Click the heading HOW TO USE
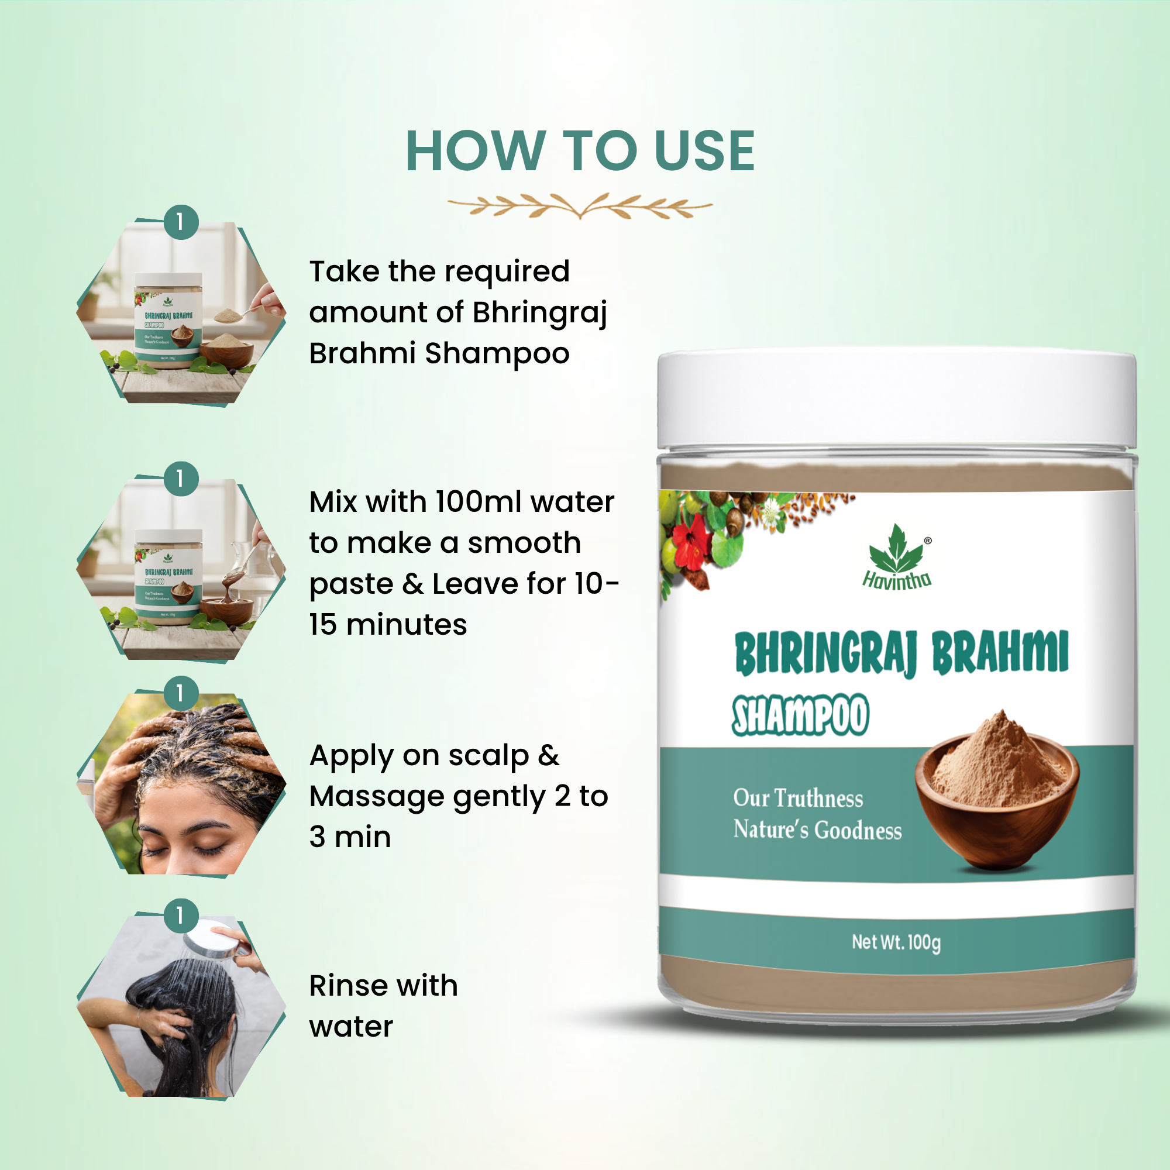[x=580, y=152]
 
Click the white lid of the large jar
[x=896, y=400]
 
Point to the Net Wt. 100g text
[x=896, y=942]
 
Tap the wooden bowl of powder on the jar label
[x=996, y=799]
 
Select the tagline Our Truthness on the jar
[x=797, y=798]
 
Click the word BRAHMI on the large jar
[x=999, y=653]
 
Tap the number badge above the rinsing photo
[x=180, y=916]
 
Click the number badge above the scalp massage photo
[x=180, y=693]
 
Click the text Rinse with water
[x=383, y=1006]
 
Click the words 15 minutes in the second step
[x=388, y=624]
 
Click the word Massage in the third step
[x=376, y=797]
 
